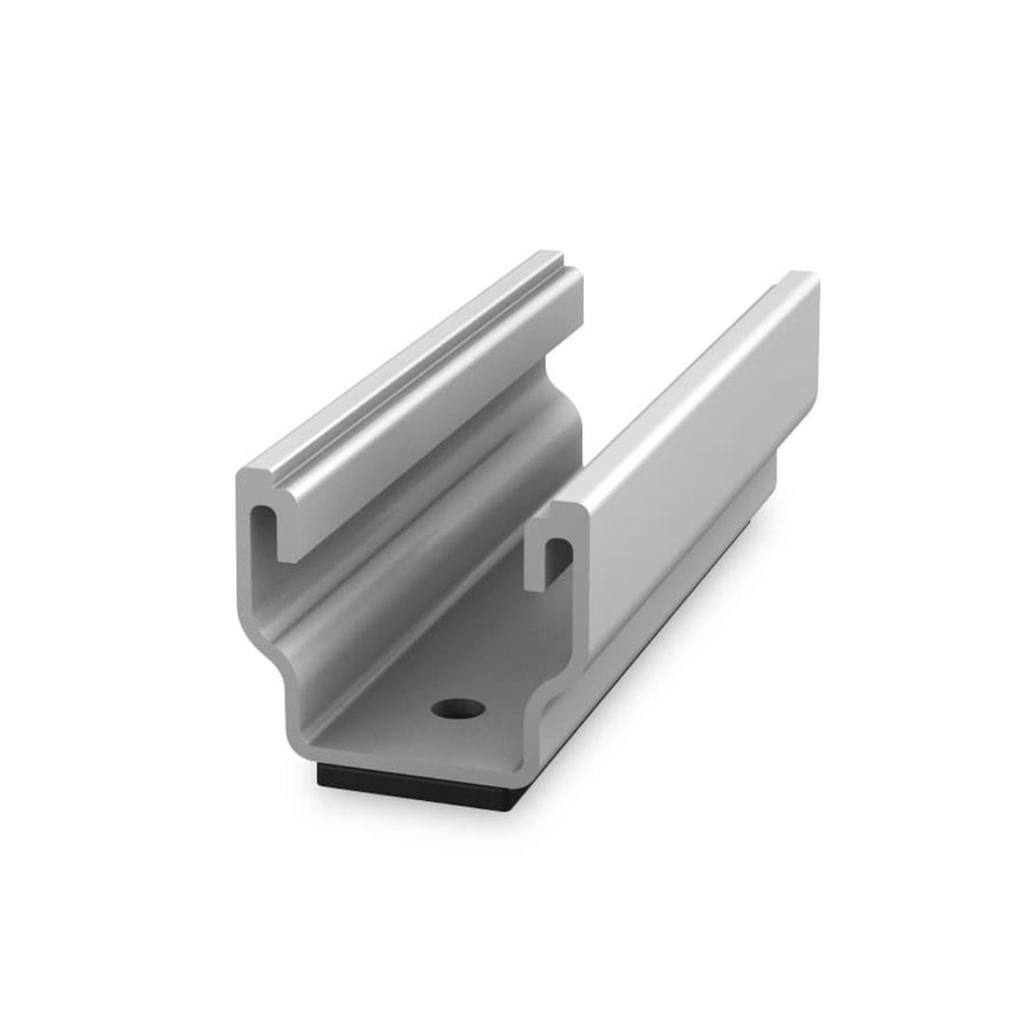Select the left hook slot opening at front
click(x=262, y=531)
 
